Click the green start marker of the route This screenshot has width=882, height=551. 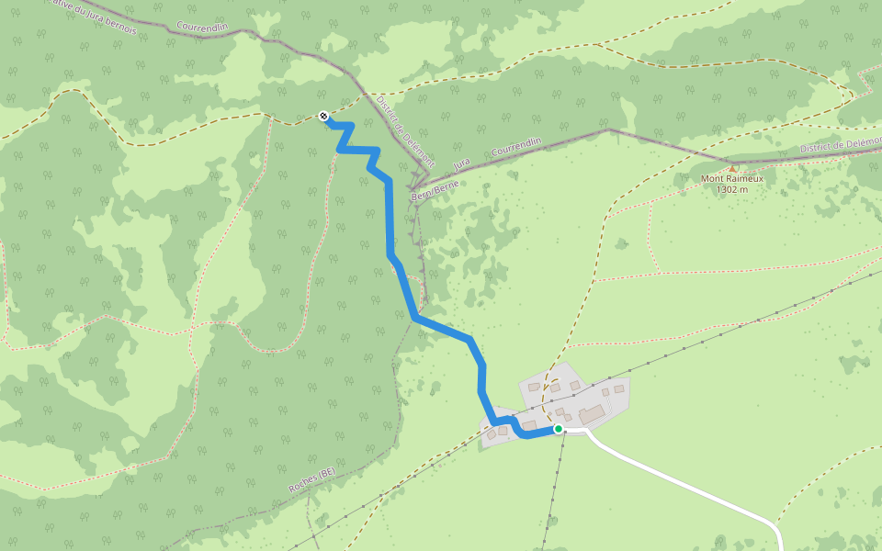[558, 429]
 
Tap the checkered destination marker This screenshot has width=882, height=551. [323, 116]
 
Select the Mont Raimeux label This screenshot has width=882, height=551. [731, 178]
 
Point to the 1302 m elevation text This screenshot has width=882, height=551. [732, 189]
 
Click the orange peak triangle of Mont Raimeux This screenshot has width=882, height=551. [732, 168]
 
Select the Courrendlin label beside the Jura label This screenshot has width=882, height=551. [517, 146]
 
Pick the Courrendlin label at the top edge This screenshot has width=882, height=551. [202, 27]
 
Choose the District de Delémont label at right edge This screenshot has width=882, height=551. [840, 144]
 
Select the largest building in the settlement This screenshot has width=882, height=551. [592, 414]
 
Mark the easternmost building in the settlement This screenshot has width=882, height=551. [619, 389]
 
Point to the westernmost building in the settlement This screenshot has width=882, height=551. [492, 434]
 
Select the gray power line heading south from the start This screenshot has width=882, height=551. [554, 487]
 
